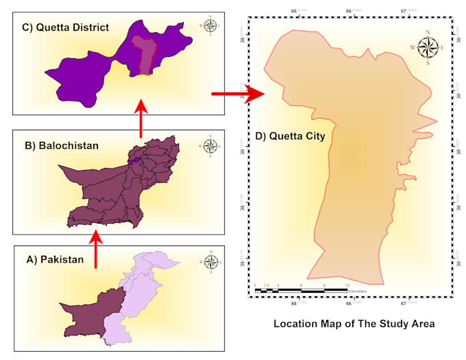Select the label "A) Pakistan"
55,259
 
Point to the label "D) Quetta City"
290,136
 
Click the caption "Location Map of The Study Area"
354,323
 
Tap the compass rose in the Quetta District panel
210,27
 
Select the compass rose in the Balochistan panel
210,146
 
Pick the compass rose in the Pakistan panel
210,261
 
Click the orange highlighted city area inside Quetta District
143,55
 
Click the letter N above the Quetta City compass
428,32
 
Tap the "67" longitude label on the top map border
404,11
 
